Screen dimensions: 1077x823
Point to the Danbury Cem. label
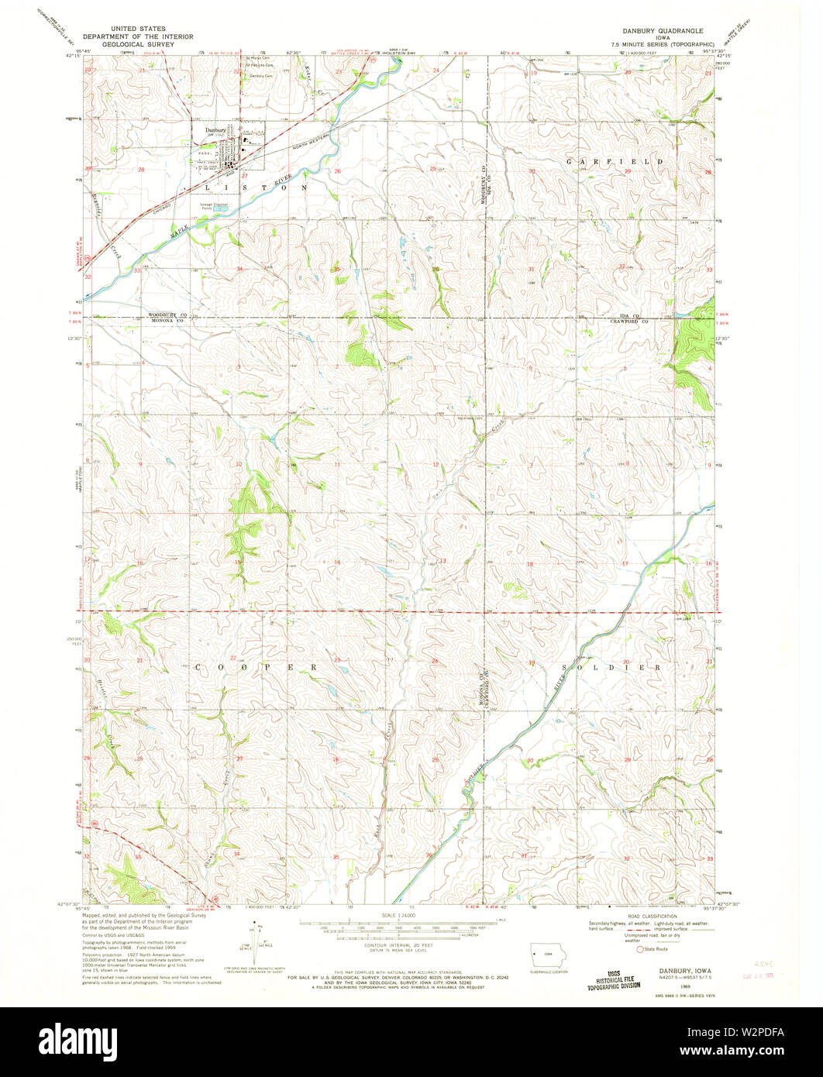pyautogui.click(x=260, y=76)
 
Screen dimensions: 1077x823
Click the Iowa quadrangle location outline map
pyautogui.click(x=547, y=955)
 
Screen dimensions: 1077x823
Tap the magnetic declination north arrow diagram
pyautogui.click(x=257, y=940)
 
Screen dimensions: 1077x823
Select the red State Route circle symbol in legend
pyautogui.click(x=640, y=949)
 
